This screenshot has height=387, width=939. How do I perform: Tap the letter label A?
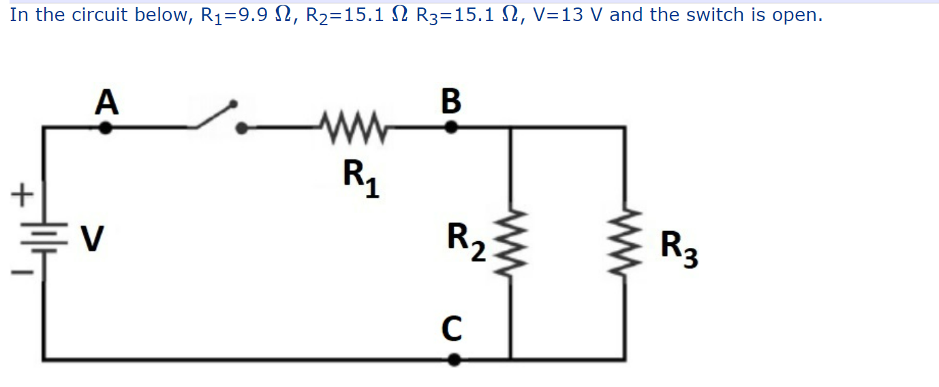106,102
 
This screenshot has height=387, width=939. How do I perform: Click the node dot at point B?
450,127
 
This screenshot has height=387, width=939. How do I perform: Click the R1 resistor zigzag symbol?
352,126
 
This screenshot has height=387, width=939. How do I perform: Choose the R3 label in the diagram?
679,249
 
